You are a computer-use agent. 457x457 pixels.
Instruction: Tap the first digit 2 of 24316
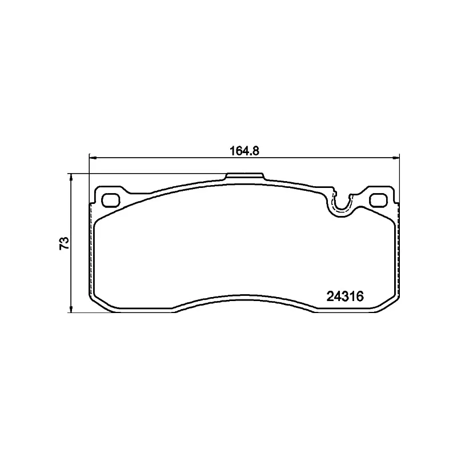click(x=330, y=296)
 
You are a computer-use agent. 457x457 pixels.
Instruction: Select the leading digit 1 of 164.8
click(x=232, y=151)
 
